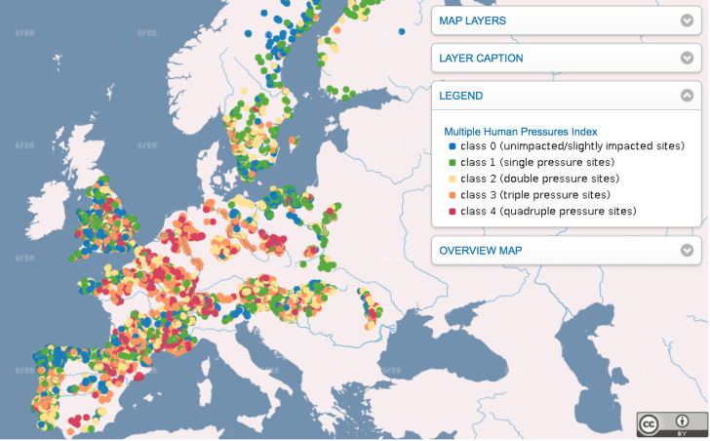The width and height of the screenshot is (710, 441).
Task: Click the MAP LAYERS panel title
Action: click(x=472, y=20)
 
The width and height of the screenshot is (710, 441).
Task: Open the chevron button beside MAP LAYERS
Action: click(x=687, y=20)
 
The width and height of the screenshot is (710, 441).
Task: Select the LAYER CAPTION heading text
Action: click(x=481, y=59)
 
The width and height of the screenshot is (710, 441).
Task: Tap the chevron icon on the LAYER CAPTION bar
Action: click(x=687, y=59)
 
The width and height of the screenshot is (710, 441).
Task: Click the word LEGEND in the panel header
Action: click(x=460, y=96)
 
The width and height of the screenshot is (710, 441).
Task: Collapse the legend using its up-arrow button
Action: click(x=687, y=96)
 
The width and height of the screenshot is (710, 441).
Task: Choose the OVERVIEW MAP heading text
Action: click(x=480, y=251)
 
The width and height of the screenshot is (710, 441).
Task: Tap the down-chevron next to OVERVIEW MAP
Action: click(x=687, y=251)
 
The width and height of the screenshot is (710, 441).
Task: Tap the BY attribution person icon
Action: click(x=682, y=422)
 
